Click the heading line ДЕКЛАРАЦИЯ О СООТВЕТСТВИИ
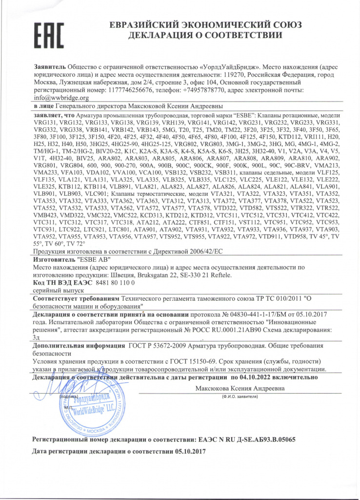point(204,35)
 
